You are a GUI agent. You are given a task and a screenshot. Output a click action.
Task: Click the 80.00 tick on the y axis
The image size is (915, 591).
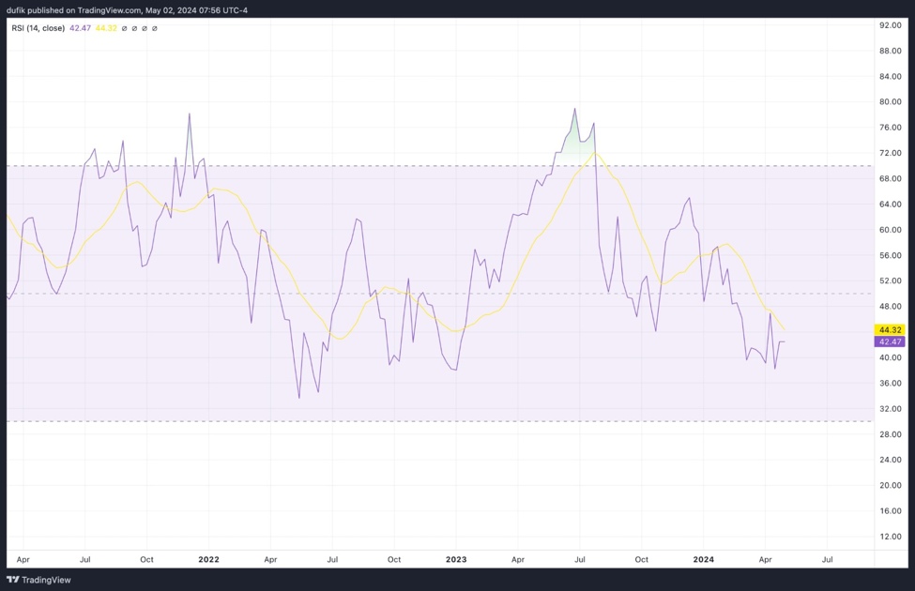point(890,101)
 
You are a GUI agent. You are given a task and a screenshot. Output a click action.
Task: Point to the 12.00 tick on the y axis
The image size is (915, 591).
point(890,537)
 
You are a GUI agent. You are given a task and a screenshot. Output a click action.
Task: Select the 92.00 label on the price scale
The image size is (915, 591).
point(890,25)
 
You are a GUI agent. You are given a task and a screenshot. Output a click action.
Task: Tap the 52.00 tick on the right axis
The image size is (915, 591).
point(890,280)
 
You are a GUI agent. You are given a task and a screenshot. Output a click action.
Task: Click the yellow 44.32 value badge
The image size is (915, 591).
point(889,330)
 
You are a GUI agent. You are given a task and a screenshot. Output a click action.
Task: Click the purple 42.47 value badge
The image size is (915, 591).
point(889,342)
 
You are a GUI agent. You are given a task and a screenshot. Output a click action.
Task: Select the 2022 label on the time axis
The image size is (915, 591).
point(208,559)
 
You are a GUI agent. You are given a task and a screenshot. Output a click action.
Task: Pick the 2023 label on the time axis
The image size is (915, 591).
point(456,559)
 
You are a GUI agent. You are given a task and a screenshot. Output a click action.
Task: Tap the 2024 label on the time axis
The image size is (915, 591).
point(703,559)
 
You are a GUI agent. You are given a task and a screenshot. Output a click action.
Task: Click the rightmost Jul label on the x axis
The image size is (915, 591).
point(827,559)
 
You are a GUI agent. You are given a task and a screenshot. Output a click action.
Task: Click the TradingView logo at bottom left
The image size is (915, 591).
point(39,580)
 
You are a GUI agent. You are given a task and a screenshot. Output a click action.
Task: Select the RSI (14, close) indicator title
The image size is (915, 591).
point(38,28)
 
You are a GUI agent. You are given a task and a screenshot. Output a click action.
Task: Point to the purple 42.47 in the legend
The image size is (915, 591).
point(80,28)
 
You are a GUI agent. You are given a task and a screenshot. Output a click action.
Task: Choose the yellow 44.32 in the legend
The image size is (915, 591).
point(105,28)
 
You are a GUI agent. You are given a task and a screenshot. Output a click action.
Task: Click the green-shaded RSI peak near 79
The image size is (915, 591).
point(575,109)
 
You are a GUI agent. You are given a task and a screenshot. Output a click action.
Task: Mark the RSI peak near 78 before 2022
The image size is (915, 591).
point(190,114)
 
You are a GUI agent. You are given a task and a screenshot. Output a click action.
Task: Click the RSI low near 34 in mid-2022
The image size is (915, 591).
point(298,398)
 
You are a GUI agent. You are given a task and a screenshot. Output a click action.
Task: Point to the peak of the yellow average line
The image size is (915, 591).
point(595,152)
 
